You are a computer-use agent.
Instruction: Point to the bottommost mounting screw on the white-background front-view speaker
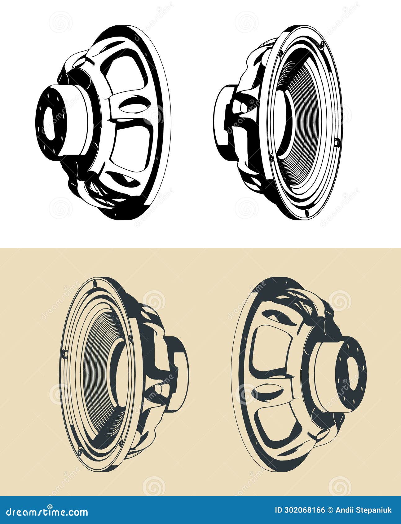click(x=306, y=212)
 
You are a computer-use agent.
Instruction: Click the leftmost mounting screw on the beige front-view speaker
click(x=64, y=353)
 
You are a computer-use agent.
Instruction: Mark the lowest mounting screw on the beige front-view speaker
click(x=80, y=450)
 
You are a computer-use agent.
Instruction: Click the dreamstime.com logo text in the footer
click(x=47, y=512)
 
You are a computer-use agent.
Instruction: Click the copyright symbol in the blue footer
click(x=331, y=510)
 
